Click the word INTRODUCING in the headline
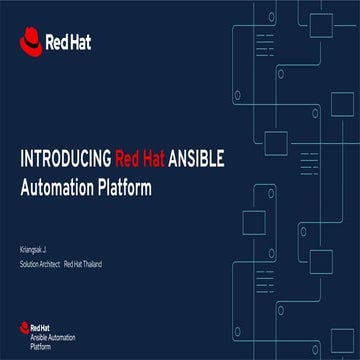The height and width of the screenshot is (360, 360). point(65,158)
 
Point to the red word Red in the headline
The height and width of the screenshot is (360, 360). point(126,158)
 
